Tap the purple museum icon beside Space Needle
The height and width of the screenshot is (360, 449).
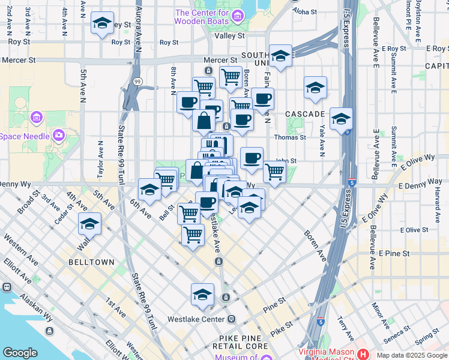click(x=59, y=135)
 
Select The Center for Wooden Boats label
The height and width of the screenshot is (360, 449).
click(x=202, y=16)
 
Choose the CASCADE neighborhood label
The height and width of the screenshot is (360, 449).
click(x=305, y=113)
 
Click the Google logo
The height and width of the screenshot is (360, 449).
click(x=20, y=352)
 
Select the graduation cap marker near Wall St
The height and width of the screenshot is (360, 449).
click(x=89, y=224)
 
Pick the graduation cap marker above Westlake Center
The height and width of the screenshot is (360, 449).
click(x=203, y=294)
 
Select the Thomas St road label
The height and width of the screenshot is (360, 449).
click(x=290, y=137)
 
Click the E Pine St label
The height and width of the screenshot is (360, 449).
click(x=394, y=254)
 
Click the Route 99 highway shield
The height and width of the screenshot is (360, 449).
click(x=138, y=82)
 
